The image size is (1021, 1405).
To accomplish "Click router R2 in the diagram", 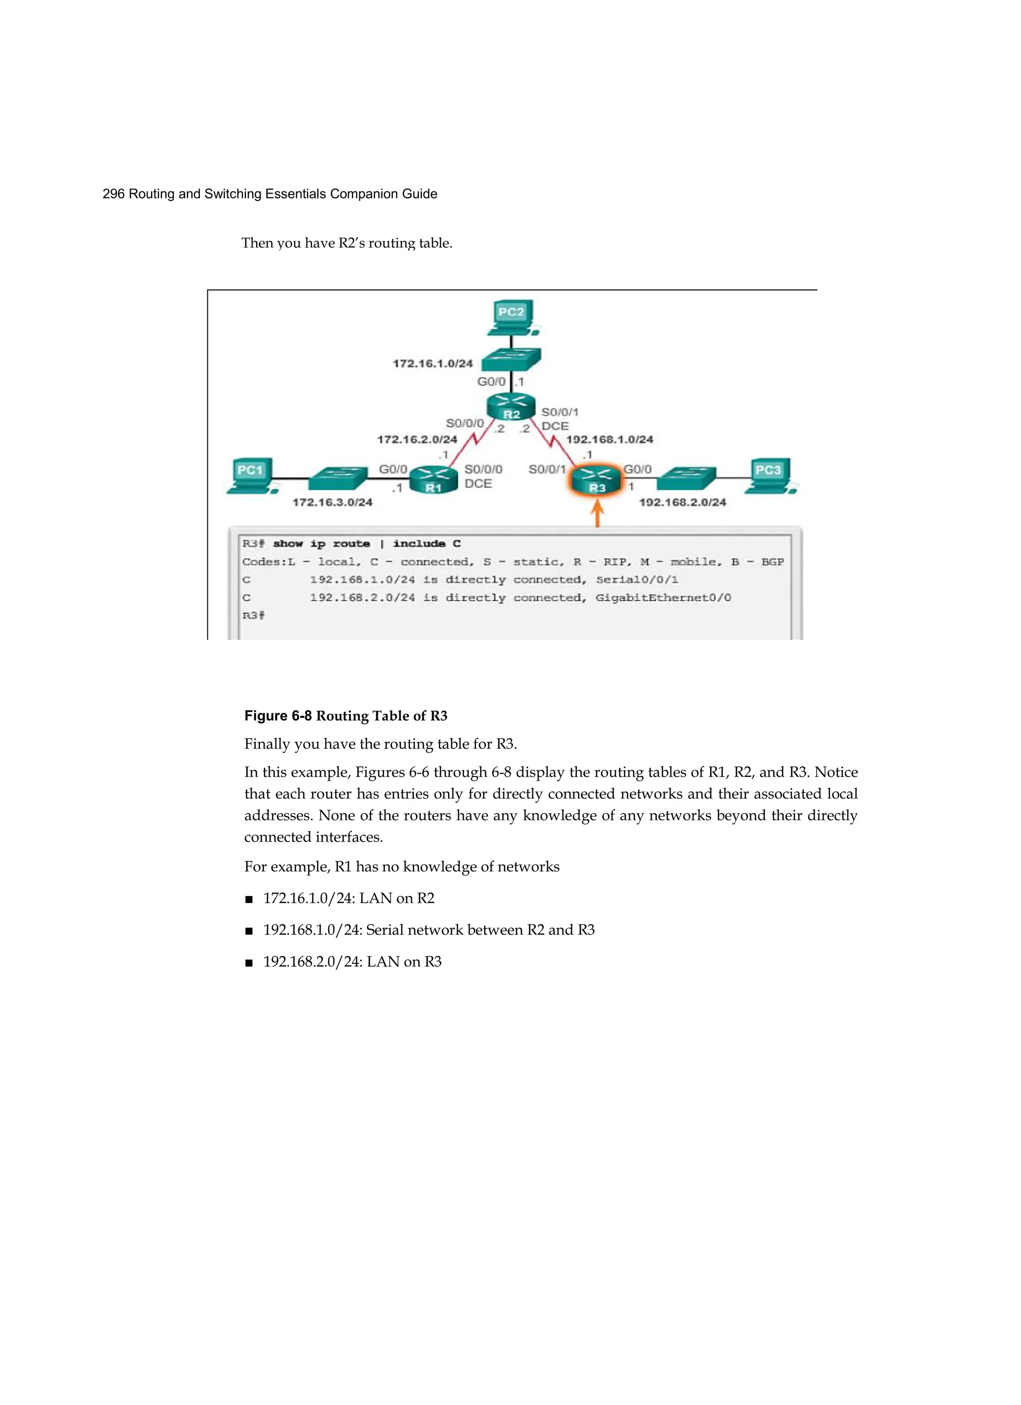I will [510, 406].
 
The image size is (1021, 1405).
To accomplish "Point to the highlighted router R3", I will [596, 481].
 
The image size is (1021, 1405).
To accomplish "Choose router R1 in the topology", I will [434, 481].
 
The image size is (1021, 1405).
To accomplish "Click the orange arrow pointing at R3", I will [597, 514].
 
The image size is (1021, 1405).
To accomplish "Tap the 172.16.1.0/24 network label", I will [432, 363].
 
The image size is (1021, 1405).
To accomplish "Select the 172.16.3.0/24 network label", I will [332, 503].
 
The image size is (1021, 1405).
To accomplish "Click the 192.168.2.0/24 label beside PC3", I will [682, 503].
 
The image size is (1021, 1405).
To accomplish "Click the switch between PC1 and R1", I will [339, 478].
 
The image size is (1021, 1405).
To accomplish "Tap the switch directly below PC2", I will [511, 358].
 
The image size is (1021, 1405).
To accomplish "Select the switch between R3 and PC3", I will [686, 478].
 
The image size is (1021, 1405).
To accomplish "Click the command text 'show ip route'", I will [321, 543].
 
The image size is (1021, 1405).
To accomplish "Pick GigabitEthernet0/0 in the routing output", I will [663, 598].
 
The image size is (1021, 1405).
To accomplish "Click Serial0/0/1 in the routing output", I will [637, 580].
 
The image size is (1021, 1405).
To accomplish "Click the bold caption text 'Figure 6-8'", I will [278, 716].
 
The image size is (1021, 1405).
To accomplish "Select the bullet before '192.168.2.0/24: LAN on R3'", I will [249, 963].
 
